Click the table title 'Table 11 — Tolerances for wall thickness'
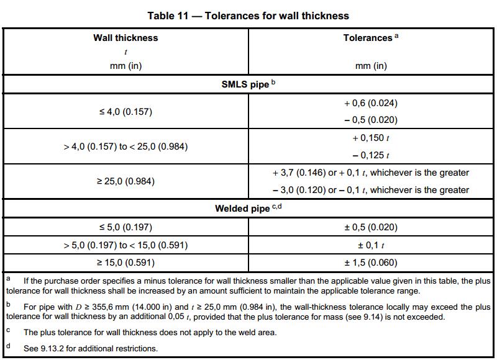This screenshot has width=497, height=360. [248, 16]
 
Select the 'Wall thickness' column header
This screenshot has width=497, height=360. [125, 38]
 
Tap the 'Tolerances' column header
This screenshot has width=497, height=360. [368, 38]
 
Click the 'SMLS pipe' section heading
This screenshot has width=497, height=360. [245, 84]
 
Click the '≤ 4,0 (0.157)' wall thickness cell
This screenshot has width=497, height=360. [125, 112]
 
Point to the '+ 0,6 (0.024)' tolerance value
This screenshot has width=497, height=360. [371, 103]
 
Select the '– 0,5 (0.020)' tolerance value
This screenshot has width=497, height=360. [371, 120]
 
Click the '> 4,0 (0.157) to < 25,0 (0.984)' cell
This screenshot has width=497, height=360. [125, 146]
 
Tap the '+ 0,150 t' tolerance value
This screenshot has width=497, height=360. [371, 138]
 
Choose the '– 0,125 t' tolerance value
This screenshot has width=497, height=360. [371, 155]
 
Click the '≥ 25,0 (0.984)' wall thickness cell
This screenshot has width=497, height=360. [125, 181]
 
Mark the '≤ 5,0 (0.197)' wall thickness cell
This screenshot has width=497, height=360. [125, 227]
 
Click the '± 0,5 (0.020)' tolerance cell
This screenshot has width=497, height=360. [371, 227]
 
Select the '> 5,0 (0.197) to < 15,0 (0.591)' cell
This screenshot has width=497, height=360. [125, 245]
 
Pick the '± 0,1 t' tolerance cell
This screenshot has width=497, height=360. [371, 245]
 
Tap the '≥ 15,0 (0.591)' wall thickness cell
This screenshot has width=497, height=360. [125, 262]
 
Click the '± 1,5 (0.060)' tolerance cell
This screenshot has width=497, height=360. [371, 262]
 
